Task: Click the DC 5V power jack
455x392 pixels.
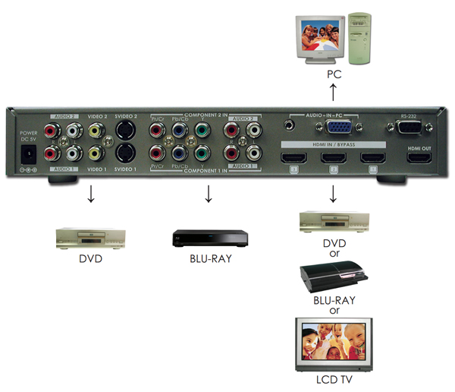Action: [31, 153]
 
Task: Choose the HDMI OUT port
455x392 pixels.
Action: [419, 159]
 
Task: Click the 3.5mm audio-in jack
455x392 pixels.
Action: [290, 122]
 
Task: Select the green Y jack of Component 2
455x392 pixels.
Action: [202, 131]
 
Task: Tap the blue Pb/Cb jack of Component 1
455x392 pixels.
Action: [180, 153]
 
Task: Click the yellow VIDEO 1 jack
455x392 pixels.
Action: [94, 153]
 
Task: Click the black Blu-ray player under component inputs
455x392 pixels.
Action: [208, 237]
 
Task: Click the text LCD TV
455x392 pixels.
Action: [333, 378]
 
